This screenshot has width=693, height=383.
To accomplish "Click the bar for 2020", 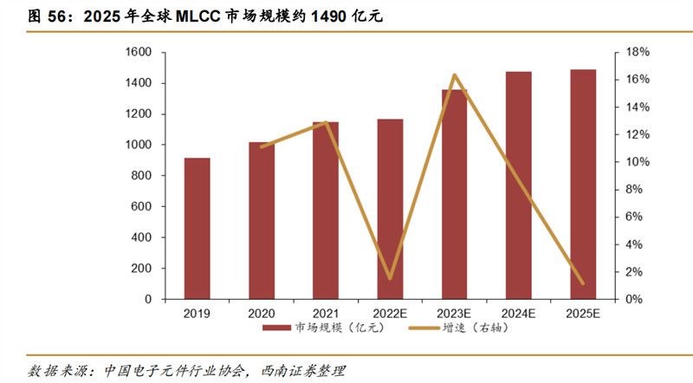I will pos(261,220).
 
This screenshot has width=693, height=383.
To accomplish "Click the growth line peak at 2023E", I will pos(454,75).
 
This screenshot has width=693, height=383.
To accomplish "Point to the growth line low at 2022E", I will pos(390,278).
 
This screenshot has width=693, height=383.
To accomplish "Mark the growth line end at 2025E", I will pos(582,282).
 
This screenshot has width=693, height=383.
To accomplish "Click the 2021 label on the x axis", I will pos(325,313).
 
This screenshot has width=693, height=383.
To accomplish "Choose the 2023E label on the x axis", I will pos(454,313).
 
